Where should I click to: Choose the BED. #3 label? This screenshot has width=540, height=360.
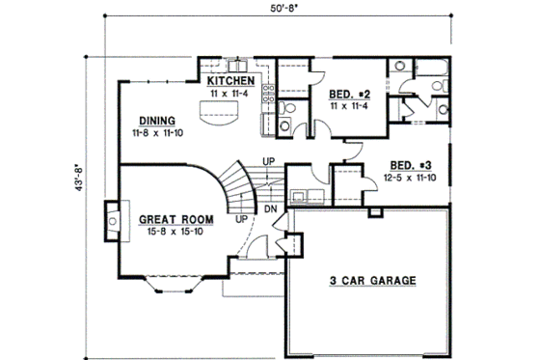click(411, 164)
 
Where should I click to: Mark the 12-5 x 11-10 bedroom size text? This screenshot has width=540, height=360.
click(411, 178)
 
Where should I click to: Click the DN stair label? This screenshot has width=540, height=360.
click(272, 207)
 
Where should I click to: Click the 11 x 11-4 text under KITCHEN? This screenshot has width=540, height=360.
click(230, 96)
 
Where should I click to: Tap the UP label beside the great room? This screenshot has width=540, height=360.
click(240, 218)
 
